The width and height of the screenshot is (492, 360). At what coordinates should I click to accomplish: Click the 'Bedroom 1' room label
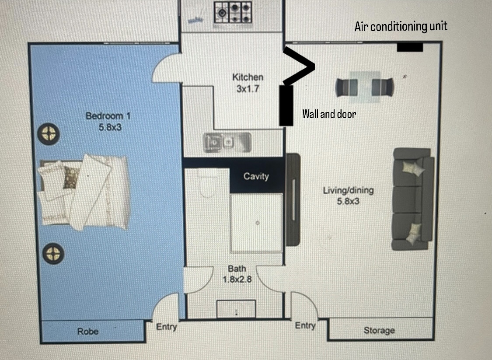click(108, 116)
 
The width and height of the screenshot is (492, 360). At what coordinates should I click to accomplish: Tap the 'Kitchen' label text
click(248, 77)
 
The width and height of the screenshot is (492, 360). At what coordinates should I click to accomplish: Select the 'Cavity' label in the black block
click(256, 176)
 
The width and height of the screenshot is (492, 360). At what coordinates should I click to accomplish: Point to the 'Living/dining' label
click(348, 190)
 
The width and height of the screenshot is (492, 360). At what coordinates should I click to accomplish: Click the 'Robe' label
click(88, 331)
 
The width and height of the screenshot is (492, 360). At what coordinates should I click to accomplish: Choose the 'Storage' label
click(379, 330)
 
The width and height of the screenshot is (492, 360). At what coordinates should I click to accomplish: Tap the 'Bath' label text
click(237, 269)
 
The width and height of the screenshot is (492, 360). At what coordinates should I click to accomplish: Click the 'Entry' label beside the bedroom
click(167, 327)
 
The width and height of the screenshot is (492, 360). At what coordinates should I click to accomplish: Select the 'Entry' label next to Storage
click(305, 325)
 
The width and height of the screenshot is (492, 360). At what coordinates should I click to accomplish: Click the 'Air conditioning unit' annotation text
click(401, 26)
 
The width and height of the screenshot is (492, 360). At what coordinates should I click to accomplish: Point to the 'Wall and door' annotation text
click(329, 114)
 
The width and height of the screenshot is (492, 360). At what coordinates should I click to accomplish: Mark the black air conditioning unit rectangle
click(410, 47)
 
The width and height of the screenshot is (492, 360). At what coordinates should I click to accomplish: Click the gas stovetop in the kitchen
click(233, 13)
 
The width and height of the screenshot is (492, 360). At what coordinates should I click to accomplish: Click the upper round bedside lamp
click(49, 134)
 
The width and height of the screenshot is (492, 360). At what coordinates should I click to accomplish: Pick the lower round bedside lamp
click(53, 253)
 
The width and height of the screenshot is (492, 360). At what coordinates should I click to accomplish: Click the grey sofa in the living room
click(412, 199)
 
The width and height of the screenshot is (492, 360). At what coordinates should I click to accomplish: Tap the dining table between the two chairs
click(365, 87)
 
